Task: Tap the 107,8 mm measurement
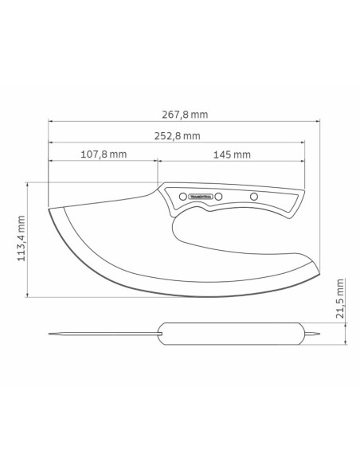click(x=104, y=154)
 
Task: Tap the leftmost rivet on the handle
click(x=182, y=196)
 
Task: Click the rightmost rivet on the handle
click(x=255, y=196)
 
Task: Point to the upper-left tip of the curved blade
click(x=51, y=209)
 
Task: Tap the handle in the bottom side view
click(x=231, y=334)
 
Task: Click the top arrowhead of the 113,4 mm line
click(x=29, y=183)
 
